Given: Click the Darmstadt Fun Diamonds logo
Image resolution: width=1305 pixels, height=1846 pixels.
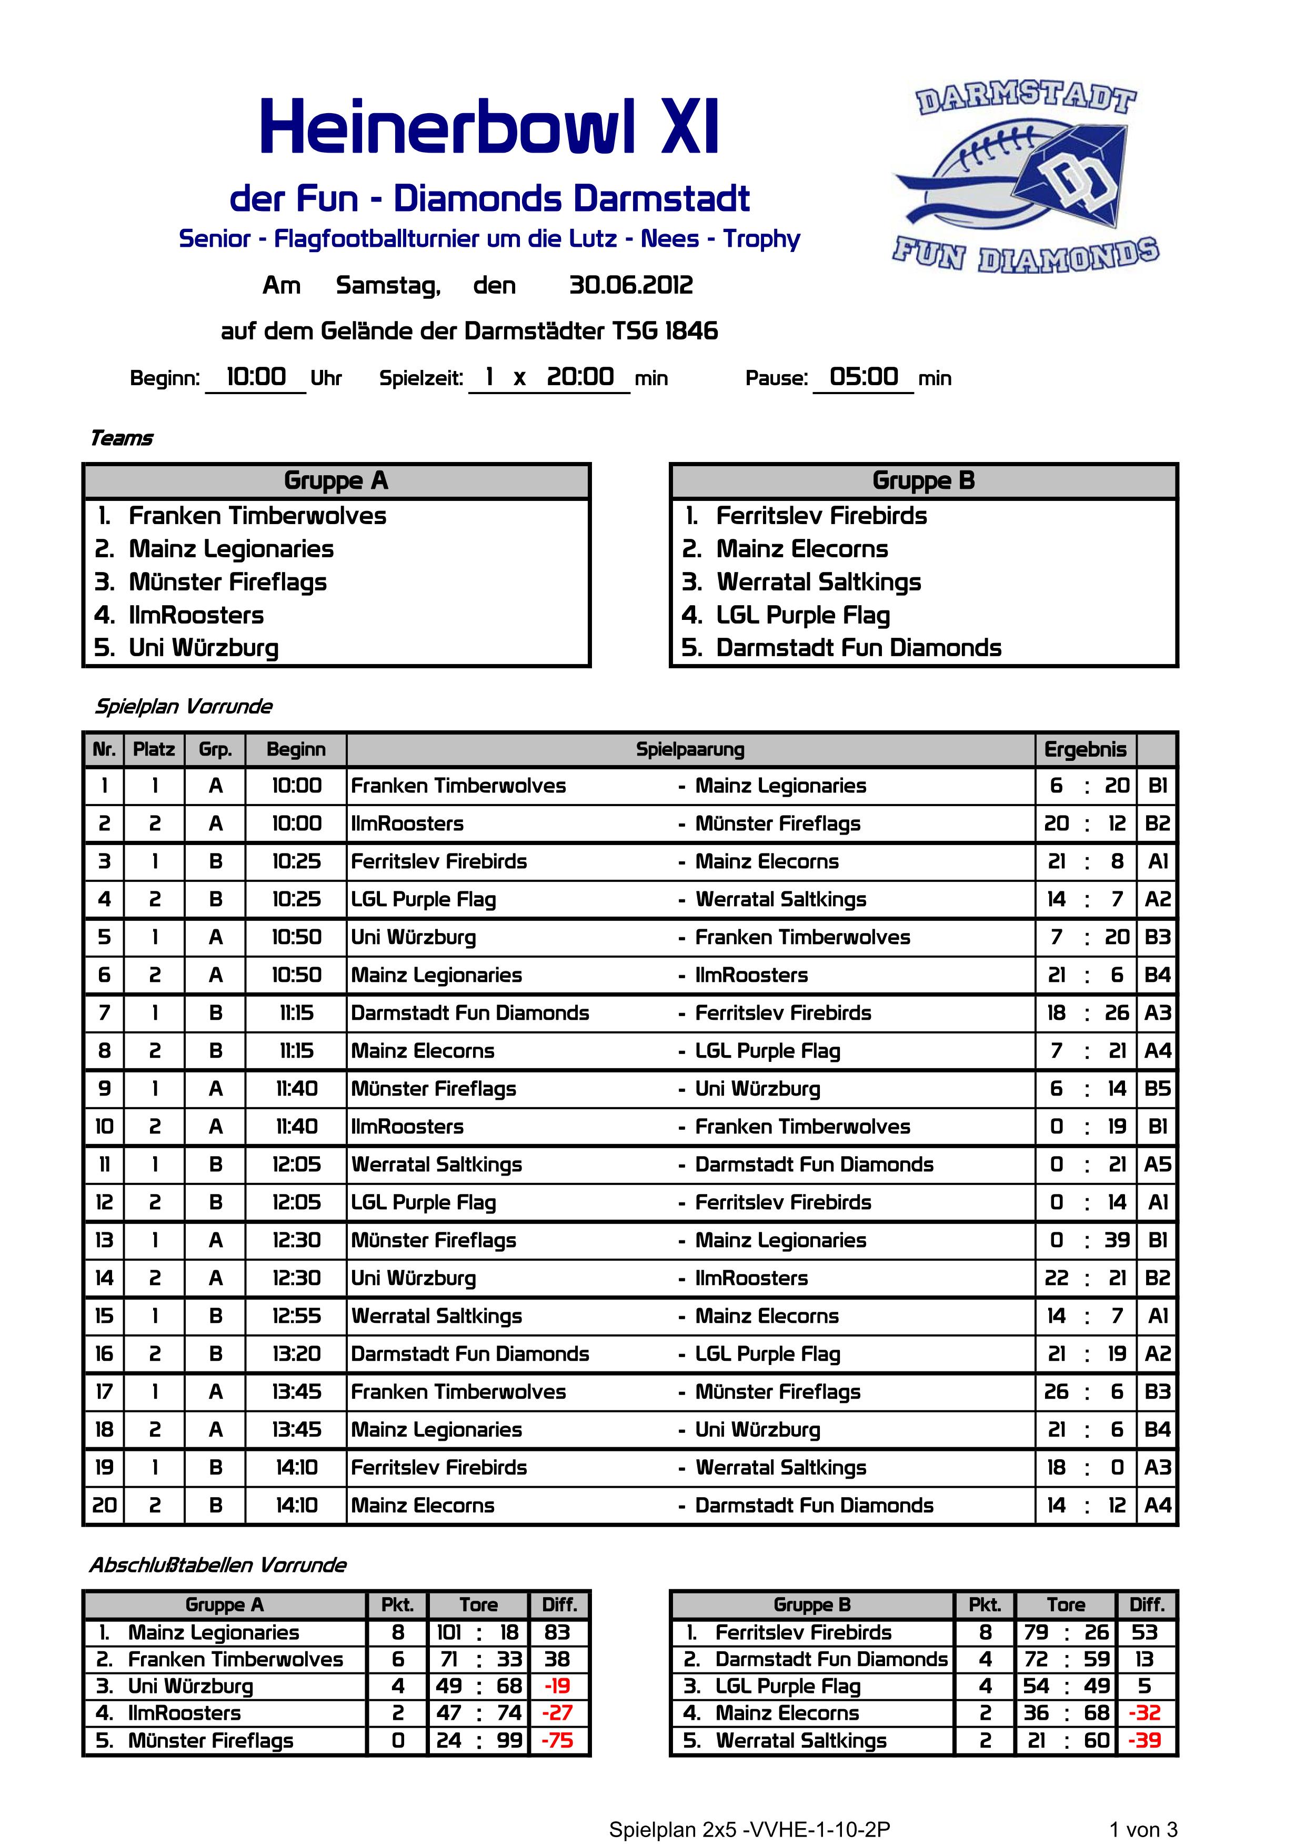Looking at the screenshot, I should click(1025, 178).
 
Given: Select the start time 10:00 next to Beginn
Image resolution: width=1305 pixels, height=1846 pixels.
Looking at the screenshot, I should click(256, 377).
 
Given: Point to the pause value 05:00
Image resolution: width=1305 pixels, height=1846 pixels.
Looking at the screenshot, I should click(864, 377).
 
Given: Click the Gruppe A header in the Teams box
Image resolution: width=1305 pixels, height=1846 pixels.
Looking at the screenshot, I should click(336, 481).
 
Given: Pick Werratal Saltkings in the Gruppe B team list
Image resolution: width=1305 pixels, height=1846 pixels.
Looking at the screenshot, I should click(819, 582).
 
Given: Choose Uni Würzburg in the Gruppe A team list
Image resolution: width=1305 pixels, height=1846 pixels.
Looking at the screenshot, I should click(204, 648).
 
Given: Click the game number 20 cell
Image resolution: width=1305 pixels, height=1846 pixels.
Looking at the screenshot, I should click(105, 1505).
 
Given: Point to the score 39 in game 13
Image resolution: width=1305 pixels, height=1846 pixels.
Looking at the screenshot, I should click(1117, 1240).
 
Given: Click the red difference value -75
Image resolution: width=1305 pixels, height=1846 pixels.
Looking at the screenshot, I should click(557, 1741).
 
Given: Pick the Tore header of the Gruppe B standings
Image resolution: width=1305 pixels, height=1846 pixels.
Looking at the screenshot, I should click(1066, 1605).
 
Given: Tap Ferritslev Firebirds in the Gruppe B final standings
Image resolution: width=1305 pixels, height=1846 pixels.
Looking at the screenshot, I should click(804, 1632).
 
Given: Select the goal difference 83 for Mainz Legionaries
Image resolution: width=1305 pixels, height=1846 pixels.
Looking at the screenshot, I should click(557, 1632).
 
